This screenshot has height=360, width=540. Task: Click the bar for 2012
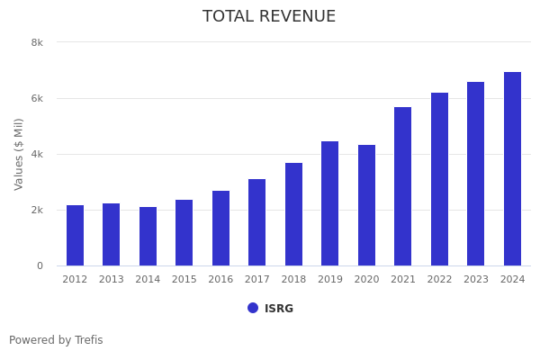tap(75, 236)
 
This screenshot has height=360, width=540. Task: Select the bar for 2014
tap(148, 237)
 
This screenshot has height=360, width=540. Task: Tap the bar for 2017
tap(257, 222)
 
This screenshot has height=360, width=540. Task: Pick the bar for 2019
tap(330, 203)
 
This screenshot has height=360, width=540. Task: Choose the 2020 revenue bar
tap(366, 205)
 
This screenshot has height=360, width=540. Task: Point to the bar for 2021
tap(403, 186)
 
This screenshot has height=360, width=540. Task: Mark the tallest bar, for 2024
tap(512, 169)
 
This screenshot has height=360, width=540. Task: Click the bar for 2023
tap(476, 174)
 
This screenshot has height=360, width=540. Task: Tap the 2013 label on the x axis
tap(112, 280)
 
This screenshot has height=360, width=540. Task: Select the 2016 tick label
tap(220, 280)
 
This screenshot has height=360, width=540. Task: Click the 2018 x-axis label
tap(293, 280)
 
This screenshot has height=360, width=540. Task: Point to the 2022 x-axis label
tap(439, 280)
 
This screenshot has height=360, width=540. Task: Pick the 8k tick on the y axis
tap(37, 42)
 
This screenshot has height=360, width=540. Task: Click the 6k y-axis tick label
tap(37, 98)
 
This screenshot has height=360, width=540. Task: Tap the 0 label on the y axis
tap(40, 265)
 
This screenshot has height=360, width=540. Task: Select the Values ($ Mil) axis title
tap(19, 154)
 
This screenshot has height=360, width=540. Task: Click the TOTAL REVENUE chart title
tap(269, 17)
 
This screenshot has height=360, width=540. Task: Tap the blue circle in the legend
tap(253, 308)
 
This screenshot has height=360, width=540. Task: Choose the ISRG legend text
tap(279, 309)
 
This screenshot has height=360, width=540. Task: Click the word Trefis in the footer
tap(88, 340)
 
